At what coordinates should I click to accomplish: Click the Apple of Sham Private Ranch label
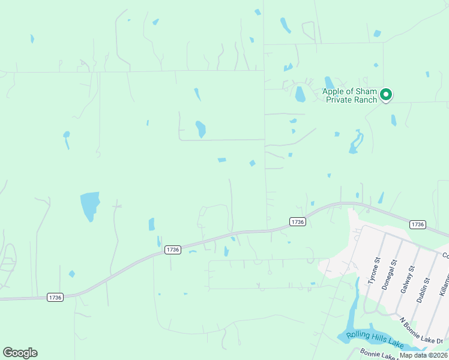click(x=350, y=95)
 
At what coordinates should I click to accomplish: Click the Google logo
click(x=20, y=353)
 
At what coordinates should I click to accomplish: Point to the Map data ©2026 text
click(x=423, y=355)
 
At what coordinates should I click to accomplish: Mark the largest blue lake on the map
click(x=89, y=205)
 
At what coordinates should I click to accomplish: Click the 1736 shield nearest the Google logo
click(x=55, y=297)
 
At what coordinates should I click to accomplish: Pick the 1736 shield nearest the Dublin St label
click(x=418, y=224)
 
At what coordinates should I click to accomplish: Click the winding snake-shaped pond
click(x=357, y=142)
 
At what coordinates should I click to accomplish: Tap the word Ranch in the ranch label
click(x=367, y=100)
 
